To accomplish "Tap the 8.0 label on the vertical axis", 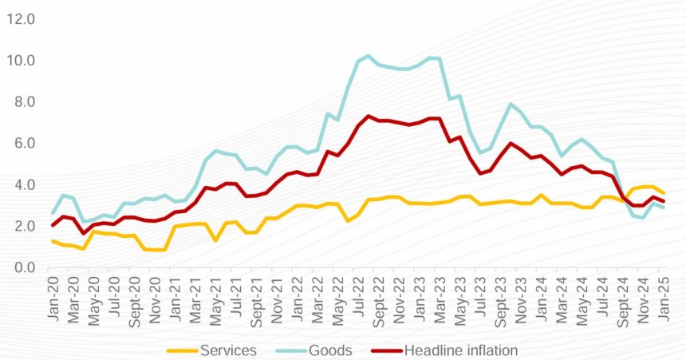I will click(21, 102).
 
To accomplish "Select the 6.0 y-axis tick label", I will click(21, 144).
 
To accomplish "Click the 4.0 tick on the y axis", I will click(21, 185).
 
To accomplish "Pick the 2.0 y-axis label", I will click(21, 226).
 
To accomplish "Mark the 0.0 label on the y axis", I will click(21, 267).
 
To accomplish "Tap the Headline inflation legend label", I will click(462, 350).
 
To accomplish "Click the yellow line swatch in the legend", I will click(180, 350).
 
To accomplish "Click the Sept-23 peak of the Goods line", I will click(511, 105).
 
